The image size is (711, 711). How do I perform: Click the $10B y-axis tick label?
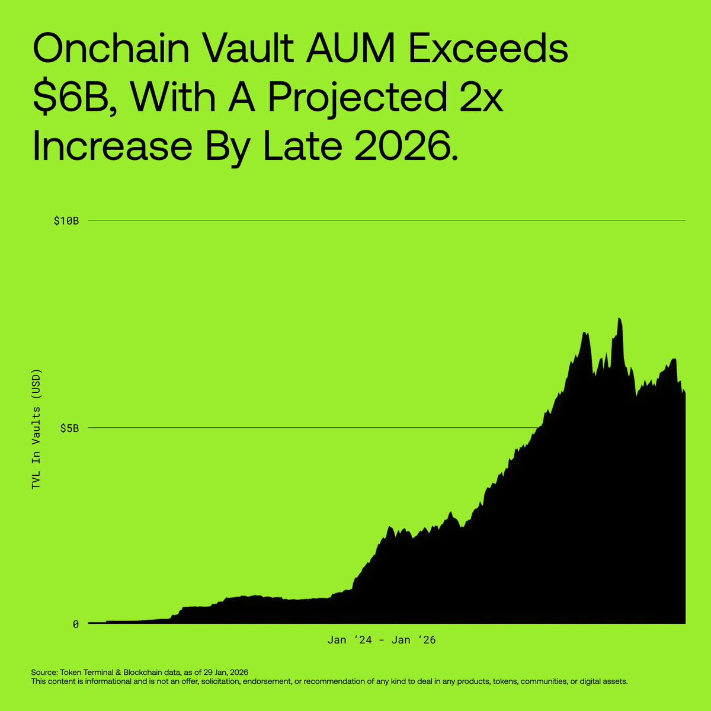pyautogui.click(x=66, y=221)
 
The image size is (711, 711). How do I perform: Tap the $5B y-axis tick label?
pyautogui.click(x=69, y=428)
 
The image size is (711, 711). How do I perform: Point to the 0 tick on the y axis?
pyautogui.click(x=76, y=624)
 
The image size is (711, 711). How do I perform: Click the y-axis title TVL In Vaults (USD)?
pyautogui.click(x=37, y=430)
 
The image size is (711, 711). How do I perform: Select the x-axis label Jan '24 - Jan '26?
pyautogui.click(x=382, y=640)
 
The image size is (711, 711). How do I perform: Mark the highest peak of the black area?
pyautogui.click(x=619, y=319)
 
